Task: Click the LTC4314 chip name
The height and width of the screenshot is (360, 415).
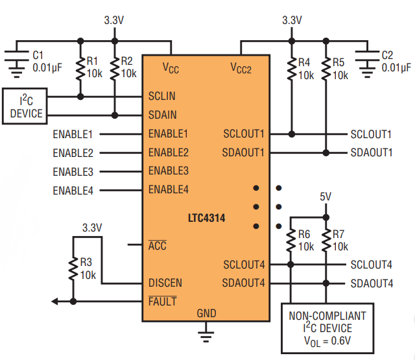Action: pos(206,218)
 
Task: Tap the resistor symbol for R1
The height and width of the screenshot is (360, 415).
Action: pos(80,69)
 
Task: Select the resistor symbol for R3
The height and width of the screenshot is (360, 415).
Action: pos(73,269)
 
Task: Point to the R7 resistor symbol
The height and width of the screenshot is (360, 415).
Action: pos(326,241)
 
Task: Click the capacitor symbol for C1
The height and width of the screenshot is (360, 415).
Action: pos(16,64)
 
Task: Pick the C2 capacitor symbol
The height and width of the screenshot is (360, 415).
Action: pos(367,64)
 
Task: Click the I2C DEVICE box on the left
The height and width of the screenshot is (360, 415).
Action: pos(25,106)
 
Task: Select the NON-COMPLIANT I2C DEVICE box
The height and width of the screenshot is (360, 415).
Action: pos(327,328)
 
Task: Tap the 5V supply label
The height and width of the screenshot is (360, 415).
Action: pos(326,197)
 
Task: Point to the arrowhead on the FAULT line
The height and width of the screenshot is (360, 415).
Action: pos(54,301)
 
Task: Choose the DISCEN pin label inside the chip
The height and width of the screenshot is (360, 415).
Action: pos(165,283)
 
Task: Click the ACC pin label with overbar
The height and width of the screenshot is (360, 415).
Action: pos(157,245)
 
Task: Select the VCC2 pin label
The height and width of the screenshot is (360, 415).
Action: pos(241,68)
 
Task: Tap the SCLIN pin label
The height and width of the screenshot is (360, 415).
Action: pos(161,96)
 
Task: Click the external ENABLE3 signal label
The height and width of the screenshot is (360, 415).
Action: pos(73,172)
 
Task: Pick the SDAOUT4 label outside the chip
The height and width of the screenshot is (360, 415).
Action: pos(372,283)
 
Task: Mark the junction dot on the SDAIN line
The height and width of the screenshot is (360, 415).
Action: pos(115,115)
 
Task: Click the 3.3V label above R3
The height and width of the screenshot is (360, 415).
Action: pos(92,228)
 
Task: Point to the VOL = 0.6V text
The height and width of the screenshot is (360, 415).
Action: pos(327,341)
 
